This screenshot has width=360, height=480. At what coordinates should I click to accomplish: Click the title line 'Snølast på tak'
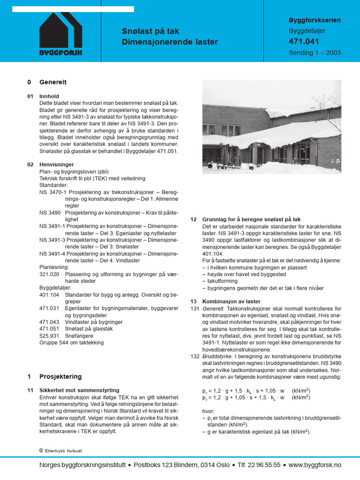pos(150,31)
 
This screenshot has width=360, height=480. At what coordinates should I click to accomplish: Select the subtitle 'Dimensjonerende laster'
pos(170,42)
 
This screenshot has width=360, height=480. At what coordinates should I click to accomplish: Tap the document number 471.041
pos(304,42)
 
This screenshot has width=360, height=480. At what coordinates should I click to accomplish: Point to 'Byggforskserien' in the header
pos(315,21)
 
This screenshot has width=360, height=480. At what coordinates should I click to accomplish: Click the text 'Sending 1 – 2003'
pos(315,52)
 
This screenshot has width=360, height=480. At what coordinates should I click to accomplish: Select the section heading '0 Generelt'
pos(47,82)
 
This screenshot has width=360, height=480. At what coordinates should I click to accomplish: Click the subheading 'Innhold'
pos(49,96)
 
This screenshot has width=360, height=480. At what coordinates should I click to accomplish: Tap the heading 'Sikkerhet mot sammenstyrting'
pos(79,390)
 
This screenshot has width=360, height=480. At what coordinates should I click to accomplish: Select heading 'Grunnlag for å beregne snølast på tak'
pos(251,219)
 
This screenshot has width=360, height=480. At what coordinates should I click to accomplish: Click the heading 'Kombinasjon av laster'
pos(231,301)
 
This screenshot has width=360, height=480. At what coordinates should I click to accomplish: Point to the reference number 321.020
pos(49,274)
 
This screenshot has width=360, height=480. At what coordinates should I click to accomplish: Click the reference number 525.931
pos(49,336)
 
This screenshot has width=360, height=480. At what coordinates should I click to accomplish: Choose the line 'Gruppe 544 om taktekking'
pos(71,343)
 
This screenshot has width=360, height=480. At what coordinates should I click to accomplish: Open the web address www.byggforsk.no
pos(315,465)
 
